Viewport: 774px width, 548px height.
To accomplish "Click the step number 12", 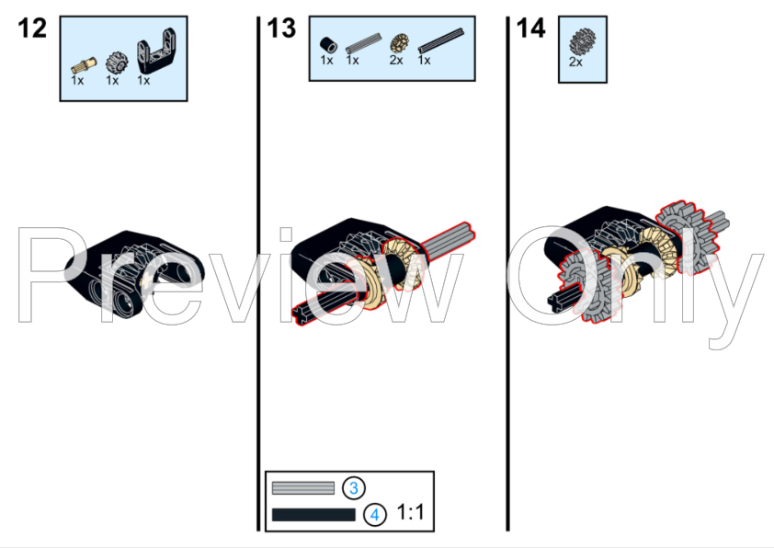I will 31,29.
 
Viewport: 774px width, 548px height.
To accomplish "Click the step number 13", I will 281,29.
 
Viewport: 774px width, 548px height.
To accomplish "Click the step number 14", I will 530,29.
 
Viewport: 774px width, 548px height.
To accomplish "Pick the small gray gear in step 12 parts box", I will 114,63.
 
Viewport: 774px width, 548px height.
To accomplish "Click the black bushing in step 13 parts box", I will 326,43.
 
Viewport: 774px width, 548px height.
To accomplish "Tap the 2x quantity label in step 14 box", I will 576,63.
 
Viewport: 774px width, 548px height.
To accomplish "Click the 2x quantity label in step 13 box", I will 396,60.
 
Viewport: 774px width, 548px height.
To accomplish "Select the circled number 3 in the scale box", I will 354,488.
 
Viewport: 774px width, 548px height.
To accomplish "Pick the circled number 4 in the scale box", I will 375,514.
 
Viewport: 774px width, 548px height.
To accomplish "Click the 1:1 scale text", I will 410,513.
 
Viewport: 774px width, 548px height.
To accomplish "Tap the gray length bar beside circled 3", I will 303,488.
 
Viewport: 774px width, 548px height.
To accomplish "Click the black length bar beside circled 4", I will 313,515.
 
